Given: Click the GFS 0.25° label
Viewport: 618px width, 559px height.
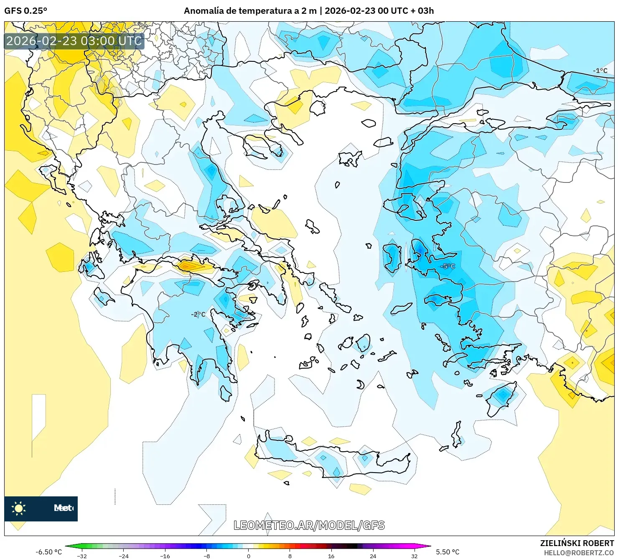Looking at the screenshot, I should tap(25, 11).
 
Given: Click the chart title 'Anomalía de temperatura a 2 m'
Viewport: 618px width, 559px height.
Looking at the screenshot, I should tap(250, 11).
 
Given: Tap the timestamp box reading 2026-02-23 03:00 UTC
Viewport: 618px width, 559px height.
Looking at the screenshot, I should tap(74, 41).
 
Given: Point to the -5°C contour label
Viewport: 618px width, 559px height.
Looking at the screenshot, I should tap(448, 266).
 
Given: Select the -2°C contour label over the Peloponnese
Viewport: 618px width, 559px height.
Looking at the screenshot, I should tap(198, 314).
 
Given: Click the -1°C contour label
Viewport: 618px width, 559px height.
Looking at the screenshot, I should tap(600, 71).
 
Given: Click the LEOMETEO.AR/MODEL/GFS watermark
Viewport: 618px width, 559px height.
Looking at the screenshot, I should tap(309, 525).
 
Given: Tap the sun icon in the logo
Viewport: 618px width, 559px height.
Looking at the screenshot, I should tap(19, 508).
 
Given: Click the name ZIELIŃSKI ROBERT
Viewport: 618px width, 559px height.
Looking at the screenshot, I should tap(577, 543).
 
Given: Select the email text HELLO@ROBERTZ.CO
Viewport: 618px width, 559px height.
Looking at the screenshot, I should tap(578, 553).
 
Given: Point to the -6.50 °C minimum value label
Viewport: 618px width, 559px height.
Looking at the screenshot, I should tap(48, 552).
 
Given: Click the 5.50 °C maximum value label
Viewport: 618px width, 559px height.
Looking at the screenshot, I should tap(448, 552).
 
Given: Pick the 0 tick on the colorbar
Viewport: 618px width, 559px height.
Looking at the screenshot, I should tap(249, 556).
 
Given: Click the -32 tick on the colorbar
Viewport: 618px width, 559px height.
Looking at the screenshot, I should tap(82, 556).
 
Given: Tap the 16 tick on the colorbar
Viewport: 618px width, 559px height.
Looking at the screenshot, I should tap(331, 556).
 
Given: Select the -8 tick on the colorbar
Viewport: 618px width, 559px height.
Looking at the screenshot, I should tap(207, 556).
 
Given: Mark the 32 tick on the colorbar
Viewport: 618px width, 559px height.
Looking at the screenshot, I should tap(414, 556).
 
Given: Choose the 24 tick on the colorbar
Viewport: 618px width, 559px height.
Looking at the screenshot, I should tap(373, 556).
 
